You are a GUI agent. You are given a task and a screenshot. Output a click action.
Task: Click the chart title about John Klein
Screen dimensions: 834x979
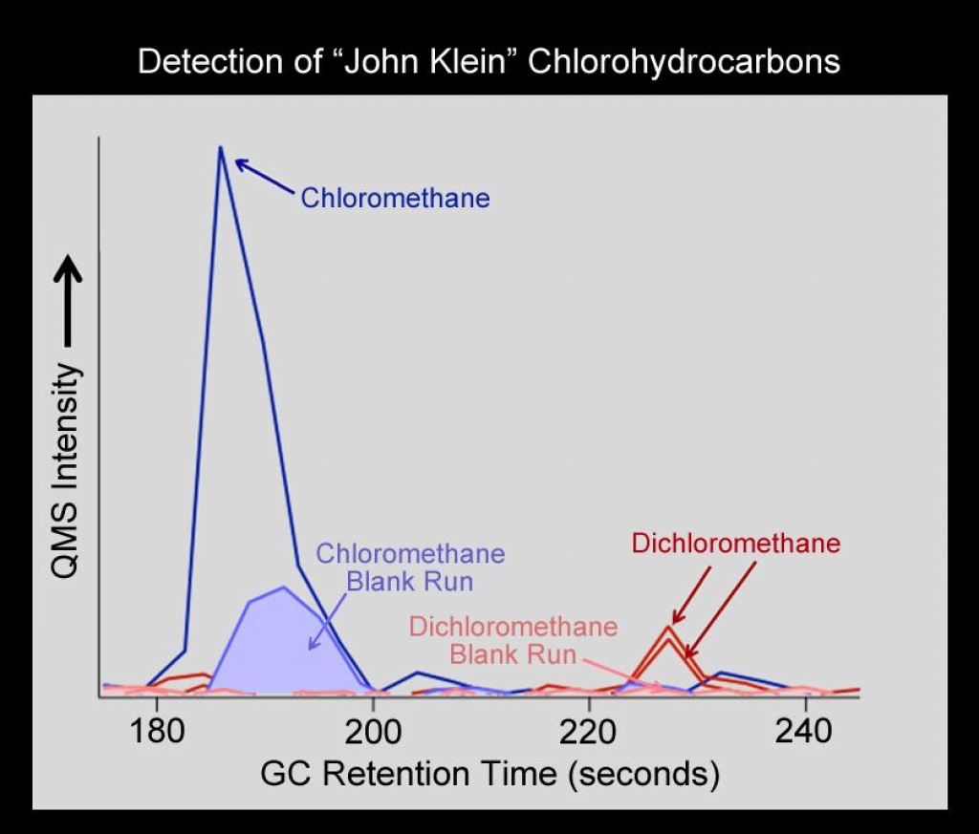pyautogui.click(x=489, y=62)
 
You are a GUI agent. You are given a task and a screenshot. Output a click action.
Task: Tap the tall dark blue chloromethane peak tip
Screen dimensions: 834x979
pyautogui.click(x=220, y=148)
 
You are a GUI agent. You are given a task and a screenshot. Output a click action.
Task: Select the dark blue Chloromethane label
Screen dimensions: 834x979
pyautogui.click(x=395, y=199)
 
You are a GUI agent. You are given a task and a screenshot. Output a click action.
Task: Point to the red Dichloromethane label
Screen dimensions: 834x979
pyautogui.click(x=735, y=544)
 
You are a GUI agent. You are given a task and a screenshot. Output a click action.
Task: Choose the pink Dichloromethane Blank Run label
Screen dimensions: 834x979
pyautogui.click(x=513, y=641)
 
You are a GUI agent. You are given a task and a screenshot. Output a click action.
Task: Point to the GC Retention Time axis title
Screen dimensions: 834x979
pyautogui.click(x=489, y=773)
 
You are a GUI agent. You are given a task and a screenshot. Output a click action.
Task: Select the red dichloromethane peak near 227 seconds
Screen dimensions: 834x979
pyautogui.click(x=669, y=629)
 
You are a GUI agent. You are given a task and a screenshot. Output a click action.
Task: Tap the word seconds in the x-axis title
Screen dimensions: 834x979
pyautogui.click(x=642, y=773)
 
